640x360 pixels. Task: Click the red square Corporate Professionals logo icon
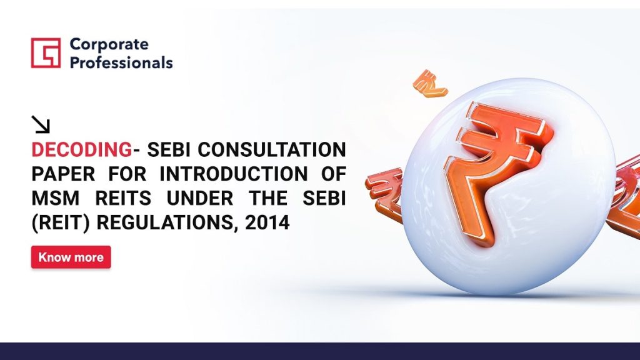pos(46,52)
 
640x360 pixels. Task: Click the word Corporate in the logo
pos(109,44)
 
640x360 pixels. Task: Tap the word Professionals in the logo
pos(121,62)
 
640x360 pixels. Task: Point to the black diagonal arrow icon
pos(41,124)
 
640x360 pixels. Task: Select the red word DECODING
pos(82,150)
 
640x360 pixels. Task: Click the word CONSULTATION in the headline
pos(272,150)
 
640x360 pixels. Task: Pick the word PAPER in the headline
pos(63,174)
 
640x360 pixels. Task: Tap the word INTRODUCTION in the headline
pos(234,174)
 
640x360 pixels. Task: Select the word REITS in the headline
pos(123,198)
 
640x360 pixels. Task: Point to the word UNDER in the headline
pos(200,198)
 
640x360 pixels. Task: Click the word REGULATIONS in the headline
pos(167,223)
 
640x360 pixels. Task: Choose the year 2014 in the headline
pos(267,223)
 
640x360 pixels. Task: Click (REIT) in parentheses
pos(61,223)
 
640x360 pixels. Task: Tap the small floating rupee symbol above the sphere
pos(429,84)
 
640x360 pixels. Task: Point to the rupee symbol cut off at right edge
pos(624,196)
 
